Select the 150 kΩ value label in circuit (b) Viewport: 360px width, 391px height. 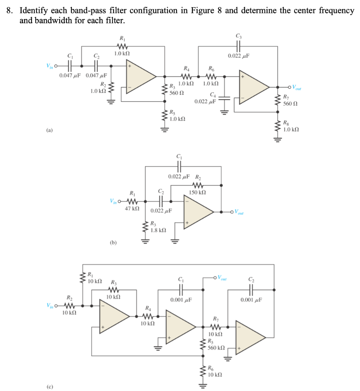coord(198,192)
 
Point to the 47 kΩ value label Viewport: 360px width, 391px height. coord(132,209)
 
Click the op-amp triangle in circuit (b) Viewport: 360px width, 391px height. coord(198,212)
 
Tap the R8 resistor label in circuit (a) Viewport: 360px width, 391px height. coord(286,123)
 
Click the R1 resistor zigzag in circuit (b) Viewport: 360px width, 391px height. coord(132,201)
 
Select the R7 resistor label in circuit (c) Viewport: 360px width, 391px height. coord(216,319)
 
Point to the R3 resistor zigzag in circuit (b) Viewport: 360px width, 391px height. coord(145,227)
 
